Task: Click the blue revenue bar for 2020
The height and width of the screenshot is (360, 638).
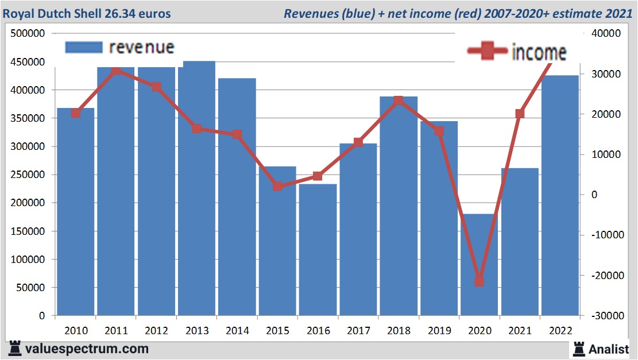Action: point(479,265)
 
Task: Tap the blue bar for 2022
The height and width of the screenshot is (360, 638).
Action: point(560,195)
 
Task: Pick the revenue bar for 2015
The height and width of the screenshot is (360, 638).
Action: point(277,241)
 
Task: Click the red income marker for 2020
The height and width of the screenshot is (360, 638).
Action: point(480,281)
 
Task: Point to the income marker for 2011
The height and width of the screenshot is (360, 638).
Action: point(116,71)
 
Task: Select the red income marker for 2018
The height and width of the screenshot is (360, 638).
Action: point(399,100)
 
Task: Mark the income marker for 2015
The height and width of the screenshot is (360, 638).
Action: point(277,187)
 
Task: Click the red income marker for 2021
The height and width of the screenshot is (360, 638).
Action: point(520,114)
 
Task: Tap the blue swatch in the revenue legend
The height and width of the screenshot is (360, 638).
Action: point(83,47)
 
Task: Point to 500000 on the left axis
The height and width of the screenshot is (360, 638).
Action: point(28,34)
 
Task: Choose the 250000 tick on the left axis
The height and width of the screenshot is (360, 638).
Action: point(28,175)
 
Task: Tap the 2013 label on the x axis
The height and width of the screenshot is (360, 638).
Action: point(197,331)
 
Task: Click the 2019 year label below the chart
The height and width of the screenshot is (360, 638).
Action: point(439,331)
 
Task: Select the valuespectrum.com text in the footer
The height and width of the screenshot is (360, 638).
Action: point(87,349)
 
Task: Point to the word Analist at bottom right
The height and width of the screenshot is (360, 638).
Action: point(608,349)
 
